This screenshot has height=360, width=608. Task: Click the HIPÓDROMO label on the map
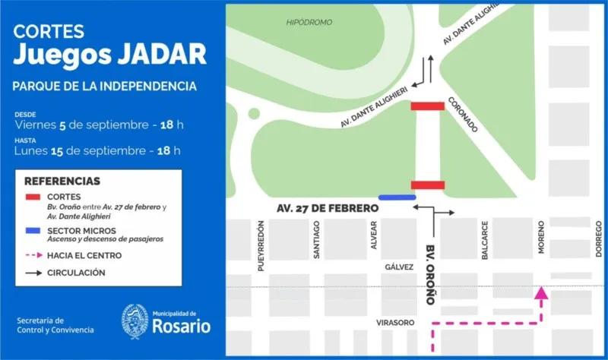(x=309, y=23)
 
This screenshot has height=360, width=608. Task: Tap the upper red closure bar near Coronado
(x=427, y=106)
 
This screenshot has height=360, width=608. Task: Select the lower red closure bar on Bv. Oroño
(x=427, y=185)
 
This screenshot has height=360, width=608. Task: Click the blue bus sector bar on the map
(x=397, y=197)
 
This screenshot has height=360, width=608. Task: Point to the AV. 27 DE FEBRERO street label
(x=328, y=208)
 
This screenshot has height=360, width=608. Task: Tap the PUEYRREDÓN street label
(x=261, y=246)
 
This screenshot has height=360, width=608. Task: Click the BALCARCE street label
(x=484, y=242)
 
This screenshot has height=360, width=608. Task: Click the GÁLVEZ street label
(x=398, y=267)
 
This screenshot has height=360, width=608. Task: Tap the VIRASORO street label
(x=395, y=323)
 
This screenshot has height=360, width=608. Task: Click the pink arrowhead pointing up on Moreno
(x=541, y=291)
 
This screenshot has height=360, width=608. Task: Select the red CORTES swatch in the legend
(x=33, y=197)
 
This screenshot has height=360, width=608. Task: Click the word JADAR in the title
(x=157, y=54)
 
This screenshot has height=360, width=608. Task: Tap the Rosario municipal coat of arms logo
(x=135, y=322)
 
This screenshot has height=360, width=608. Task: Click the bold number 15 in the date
(x=56, y=150)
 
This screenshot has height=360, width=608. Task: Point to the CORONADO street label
(x=463, y=114)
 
